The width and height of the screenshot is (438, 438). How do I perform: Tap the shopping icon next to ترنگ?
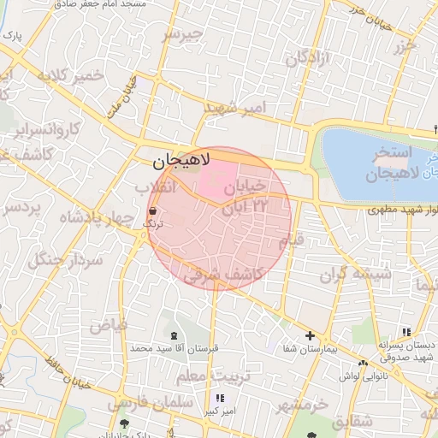(x=152, y=210)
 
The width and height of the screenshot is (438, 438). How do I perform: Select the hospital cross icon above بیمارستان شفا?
(x=310, y=336)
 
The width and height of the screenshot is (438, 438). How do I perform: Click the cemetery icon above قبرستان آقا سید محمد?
(x=175, y=334)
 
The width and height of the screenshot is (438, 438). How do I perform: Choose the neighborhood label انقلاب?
(x=155, y=186)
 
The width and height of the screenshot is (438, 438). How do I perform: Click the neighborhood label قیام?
(x=292, y=240)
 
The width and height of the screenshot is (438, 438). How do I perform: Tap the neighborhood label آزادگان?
(x=308, y=59)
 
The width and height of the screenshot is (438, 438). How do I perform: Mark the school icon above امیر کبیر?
(x=221, y=398)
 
